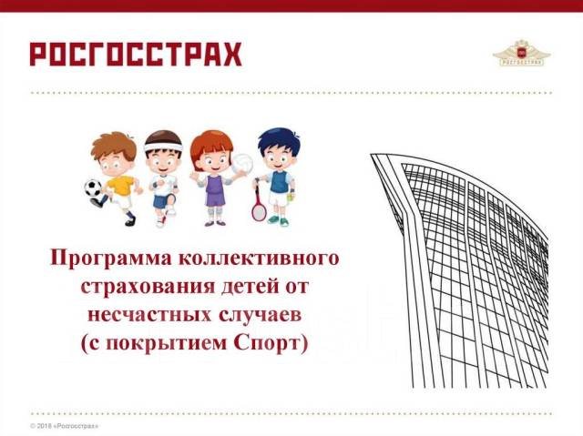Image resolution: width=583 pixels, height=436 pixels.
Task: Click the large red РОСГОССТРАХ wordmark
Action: tap(136, 55)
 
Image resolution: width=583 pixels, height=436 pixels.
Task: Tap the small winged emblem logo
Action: tap(522, 53)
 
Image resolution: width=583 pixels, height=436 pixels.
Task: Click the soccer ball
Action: tap(93, 188)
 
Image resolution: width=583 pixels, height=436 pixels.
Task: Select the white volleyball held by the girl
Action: tap(242, 164)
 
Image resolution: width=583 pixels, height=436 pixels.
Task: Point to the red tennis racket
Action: tap(259, 206)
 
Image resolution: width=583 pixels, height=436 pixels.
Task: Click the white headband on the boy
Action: tap(164, 147)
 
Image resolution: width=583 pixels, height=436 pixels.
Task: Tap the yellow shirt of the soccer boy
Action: tap(120, 185)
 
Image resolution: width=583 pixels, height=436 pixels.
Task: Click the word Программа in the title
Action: tap(111, 259)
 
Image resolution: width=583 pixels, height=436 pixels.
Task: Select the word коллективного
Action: tap(259, 258)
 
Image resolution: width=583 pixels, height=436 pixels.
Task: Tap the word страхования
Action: tap(148, 288)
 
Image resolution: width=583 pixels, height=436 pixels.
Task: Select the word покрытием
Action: tap(166, 344)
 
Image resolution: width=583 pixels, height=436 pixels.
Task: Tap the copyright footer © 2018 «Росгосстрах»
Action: tap(64, 426)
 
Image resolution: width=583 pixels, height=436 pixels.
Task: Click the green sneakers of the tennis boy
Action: tap(279, 220)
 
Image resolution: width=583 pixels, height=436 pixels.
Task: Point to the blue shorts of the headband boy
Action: tap(163, 201)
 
